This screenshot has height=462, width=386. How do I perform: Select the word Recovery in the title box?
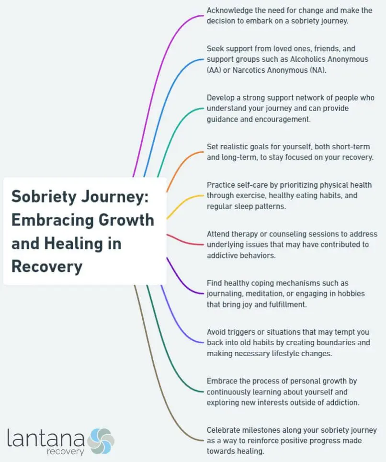(x=47, y=266)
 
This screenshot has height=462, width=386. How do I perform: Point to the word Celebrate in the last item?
(x=225, y=430)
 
